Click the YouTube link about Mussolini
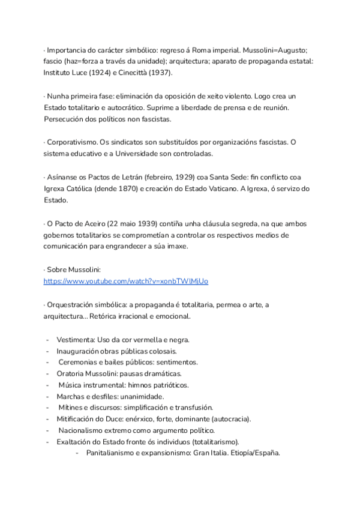point(126,281)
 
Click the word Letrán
point(126,177)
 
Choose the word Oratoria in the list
point(73,373)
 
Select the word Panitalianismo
point(113,453)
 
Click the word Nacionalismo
point(83,430)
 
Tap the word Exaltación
point(76,442)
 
